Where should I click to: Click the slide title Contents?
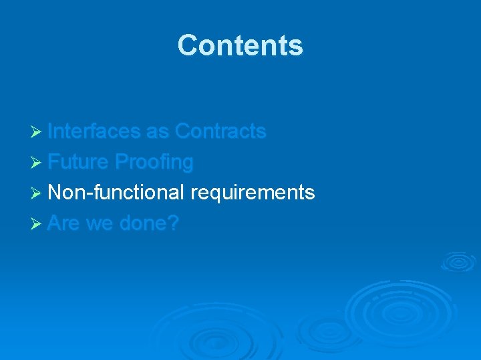[240, 45]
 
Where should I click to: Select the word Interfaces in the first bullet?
[94, 131]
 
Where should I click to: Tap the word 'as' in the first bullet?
[158, 131]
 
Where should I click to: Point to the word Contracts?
[220, 131]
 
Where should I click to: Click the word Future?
[78, 162]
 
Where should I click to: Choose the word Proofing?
[154, 162]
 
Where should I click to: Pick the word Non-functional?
[116, 193]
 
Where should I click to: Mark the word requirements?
[253, 193]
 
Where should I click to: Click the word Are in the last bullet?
[64, 223]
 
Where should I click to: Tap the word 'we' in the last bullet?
[100, 223]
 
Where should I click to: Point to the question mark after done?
[174, 223]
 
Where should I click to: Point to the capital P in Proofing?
[122, 162]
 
